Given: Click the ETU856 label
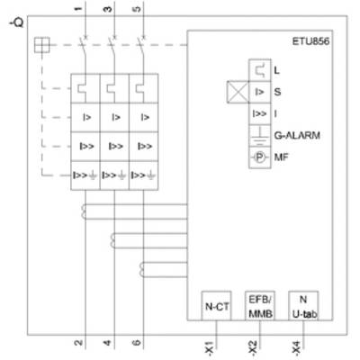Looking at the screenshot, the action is [310, 41].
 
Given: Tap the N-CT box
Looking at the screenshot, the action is [216, 306].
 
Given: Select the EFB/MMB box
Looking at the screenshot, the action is [260, 306].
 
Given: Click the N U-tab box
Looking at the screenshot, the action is [303, 306].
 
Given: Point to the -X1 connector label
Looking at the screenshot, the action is [210, 347].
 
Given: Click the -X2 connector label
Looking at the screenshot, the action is [253, 347].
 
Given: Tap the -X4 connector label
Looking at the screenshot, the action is [296, 347].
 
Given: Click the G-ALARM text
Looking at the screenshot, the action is [297, 135].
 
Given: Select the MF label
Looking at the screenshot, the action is [281, 157].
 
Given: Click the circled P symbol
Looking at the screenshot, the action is [260, 157].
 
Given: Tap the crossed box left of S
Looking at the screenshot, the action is [238, 92].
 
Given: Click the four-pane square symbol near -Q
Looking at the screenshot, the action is [42, 45].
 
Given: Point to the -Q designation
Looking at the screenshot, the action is [17, 22].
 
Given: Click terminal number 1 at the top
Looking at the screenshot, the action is [78, 9].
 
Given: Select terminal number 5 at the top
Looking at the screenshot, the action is [137, 9].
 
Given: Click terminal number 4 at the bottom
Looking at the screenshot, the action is [107, 342].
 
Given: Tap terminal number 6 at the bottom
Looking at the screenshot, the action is [137, 342].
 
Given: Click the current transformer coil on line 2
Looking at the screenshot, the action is [83, 211].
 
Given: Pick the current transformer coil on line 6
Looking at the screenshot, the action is [141, 269].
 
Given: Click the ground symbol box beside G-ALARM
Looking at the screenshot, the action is [260, 135].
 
